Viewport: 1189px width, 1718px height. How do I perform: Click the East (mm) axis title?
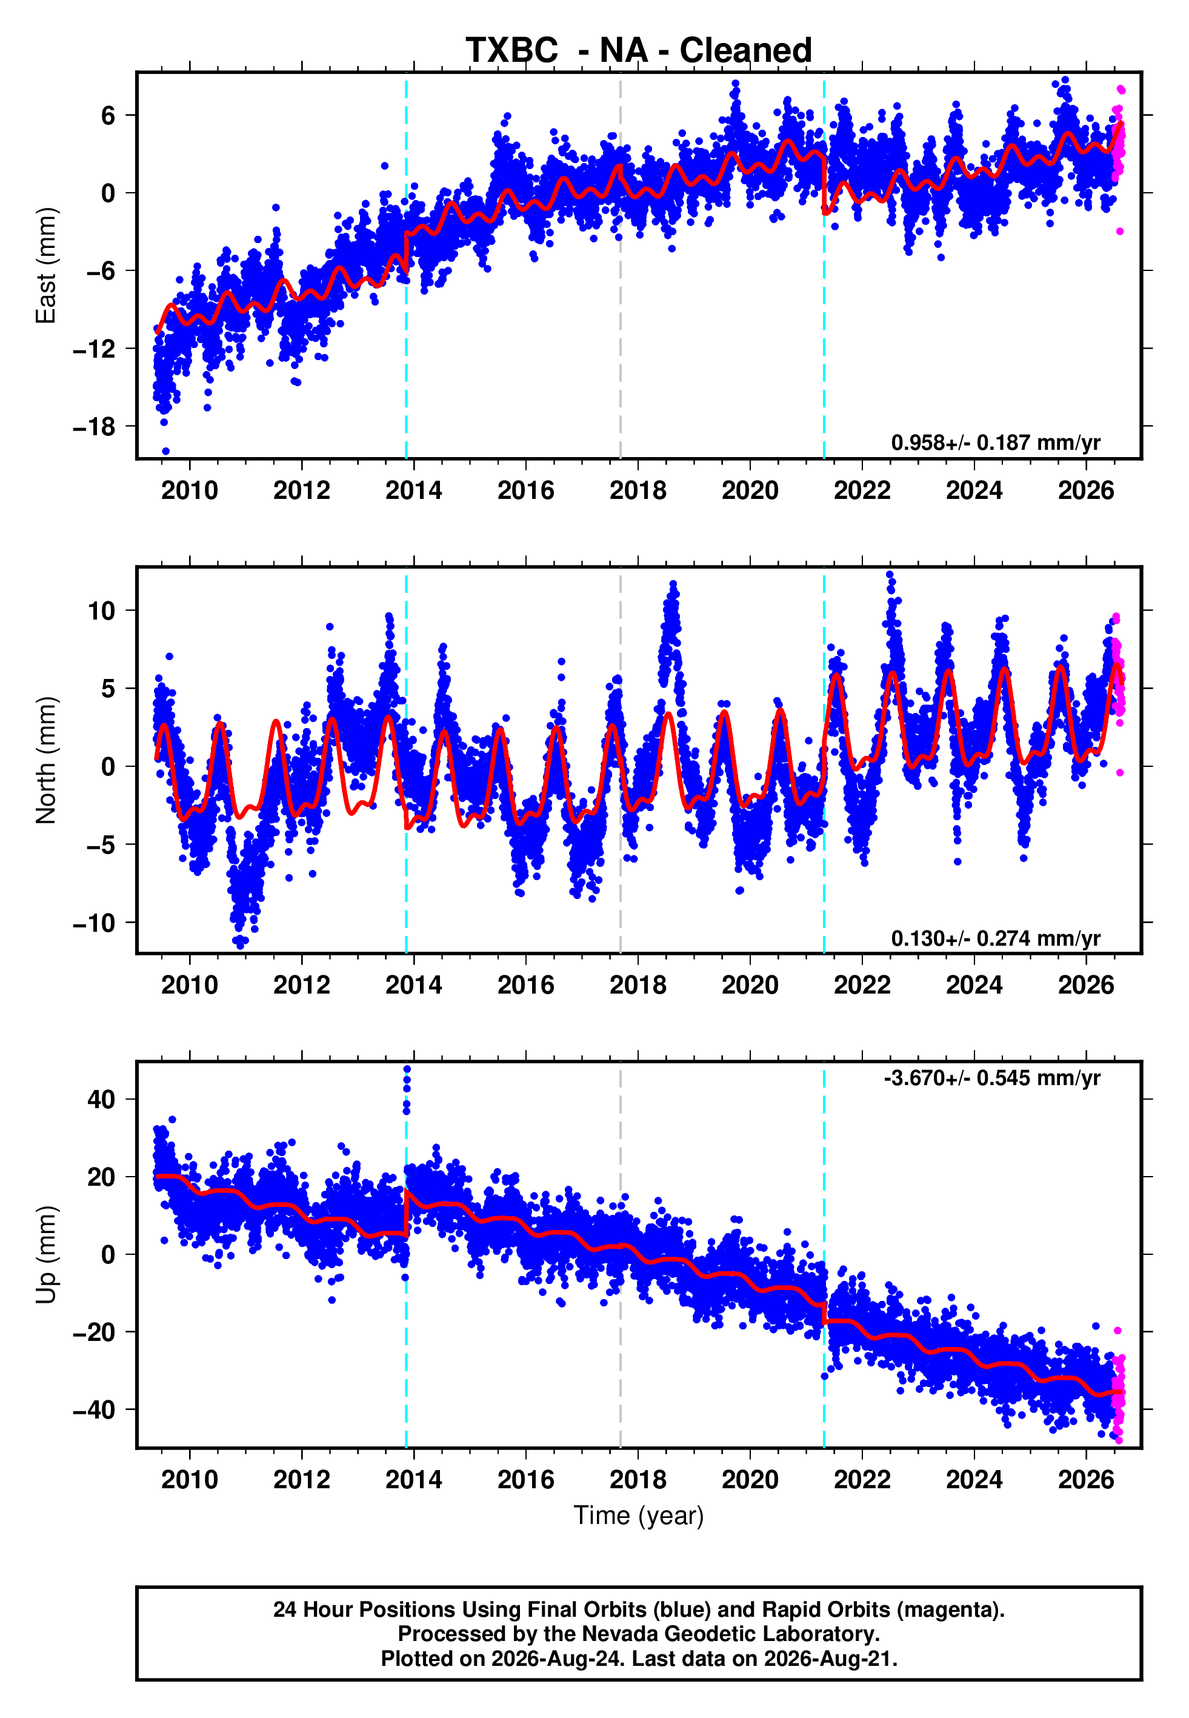coord(45,266)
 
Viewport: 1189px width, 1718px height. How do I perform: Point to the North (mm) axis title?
coord(45,760)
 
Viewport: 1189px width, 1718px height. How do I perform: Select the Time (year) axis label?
coord(639,1516)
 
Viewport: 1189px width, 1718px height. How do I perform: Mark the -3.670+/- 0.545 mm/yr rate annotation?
coord(991,1078)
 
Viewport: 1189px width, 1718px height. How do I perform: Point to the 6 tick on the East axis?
coord(108,115)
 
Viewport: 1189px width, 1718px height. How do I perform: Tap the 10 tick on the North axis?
coord(101,611)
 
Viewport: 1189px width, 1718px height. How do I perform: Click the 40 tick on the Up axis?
coord(101,1100)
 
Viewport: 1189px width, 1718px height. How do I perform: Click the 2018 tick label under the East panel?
coord(638,490)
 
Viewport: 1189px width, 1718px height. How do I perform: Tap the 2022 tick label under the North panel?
coord(862,985)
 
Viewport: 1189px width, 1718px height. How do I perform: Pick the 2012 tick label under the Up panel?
coord(302,1480)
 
